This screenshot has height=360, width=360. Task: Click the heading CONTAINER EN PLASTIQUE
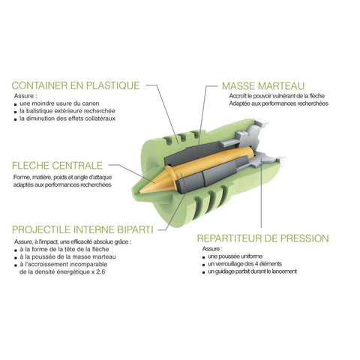coord(76,85)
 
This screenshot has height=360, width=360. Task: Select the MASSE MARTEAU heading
coord(263,86)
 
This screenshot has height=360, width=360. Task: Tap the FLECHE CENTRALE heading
coord(57,166)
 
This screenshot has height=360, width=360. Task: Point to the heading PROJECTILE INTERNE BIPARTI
coord(82,229)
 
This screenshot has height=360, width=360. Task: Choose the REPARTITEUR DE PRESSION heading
coord(262,238)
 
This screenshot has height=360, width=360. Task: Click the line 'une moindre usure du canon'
coord(59,103)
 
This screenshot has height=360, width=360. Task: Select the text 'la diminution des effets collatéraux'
coord(67,118)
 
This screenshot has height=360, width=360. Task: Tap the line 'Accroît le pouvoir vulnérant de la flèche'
coord(277,96)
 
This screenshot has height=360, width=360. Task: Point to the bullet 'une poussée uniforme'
coord(235,256)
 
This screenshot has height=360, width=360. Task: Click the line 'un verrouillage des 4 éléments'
coord(244,264)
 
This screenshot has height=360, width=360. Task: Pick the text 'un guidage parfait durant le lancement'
coord(253,271)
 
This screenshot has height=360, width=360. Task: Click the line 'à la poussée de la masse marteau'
coord(67,256)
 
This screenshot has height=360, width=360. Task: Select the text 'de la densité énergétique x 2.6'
coord(62,271)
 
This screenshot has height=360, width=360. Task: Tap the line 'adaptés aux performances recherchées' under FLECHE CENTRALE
coord(62,184)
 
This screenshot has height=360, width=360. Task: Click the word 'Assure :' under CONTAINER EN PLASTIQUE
coord(24,96)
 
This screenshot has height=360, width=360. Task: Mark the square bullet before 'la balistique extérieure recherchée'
coord(16,112)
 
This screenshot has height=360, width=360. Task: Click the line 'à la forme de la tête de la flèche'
coord(64,249)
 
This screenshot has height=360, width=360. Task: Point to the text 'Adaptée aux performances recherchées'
coord(278,103)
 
